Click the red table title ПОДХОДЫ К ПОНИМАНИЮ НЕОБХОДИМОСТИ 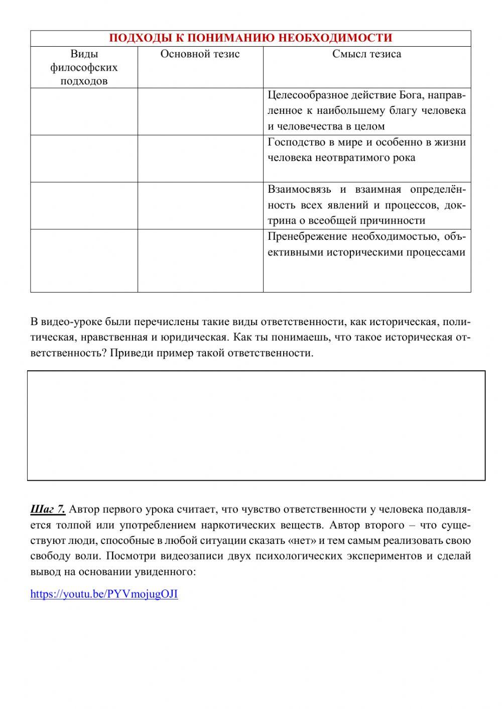(250, 38)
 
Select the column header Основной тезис (200, 54)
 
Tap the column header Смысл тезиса (366, 54)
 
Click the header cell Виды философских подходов (84, 67)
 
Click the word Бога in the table (412, 95)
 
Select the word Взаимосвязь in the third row (299, 189)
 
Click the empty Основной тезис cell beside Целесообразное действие (200, 111)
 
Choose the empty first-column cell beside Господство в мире (84, 158)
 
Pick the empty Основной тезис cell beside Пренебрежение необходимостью (200, 260)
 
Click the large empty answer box (256, 426)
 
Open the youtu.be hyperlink (104, 594)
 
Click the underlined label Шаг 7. (48, 509)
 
